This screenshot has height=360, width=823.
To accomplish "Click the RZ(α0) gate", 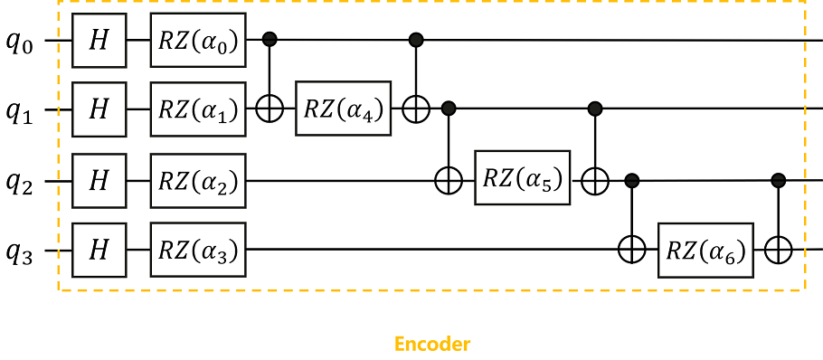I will tap(199, 41).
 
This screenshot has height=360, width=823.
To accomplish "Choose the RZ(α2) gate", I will tap(199, 181).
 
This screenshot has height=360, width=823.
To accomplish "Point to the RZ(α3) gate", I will tap(199, 251).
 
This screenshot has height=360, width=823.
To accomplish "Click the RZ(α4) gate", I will tap(344, 111).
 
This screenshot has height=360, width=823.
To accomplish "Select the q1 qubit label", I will tap(20, 113).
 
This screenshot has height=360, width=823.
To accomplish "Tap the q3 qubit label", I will tap(20, 252).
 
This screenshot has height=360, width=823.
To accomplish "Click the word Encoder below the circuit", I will tap(431, 345).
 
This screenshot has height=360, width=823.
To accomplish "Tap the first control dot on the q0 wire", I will tap(270, 40).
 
